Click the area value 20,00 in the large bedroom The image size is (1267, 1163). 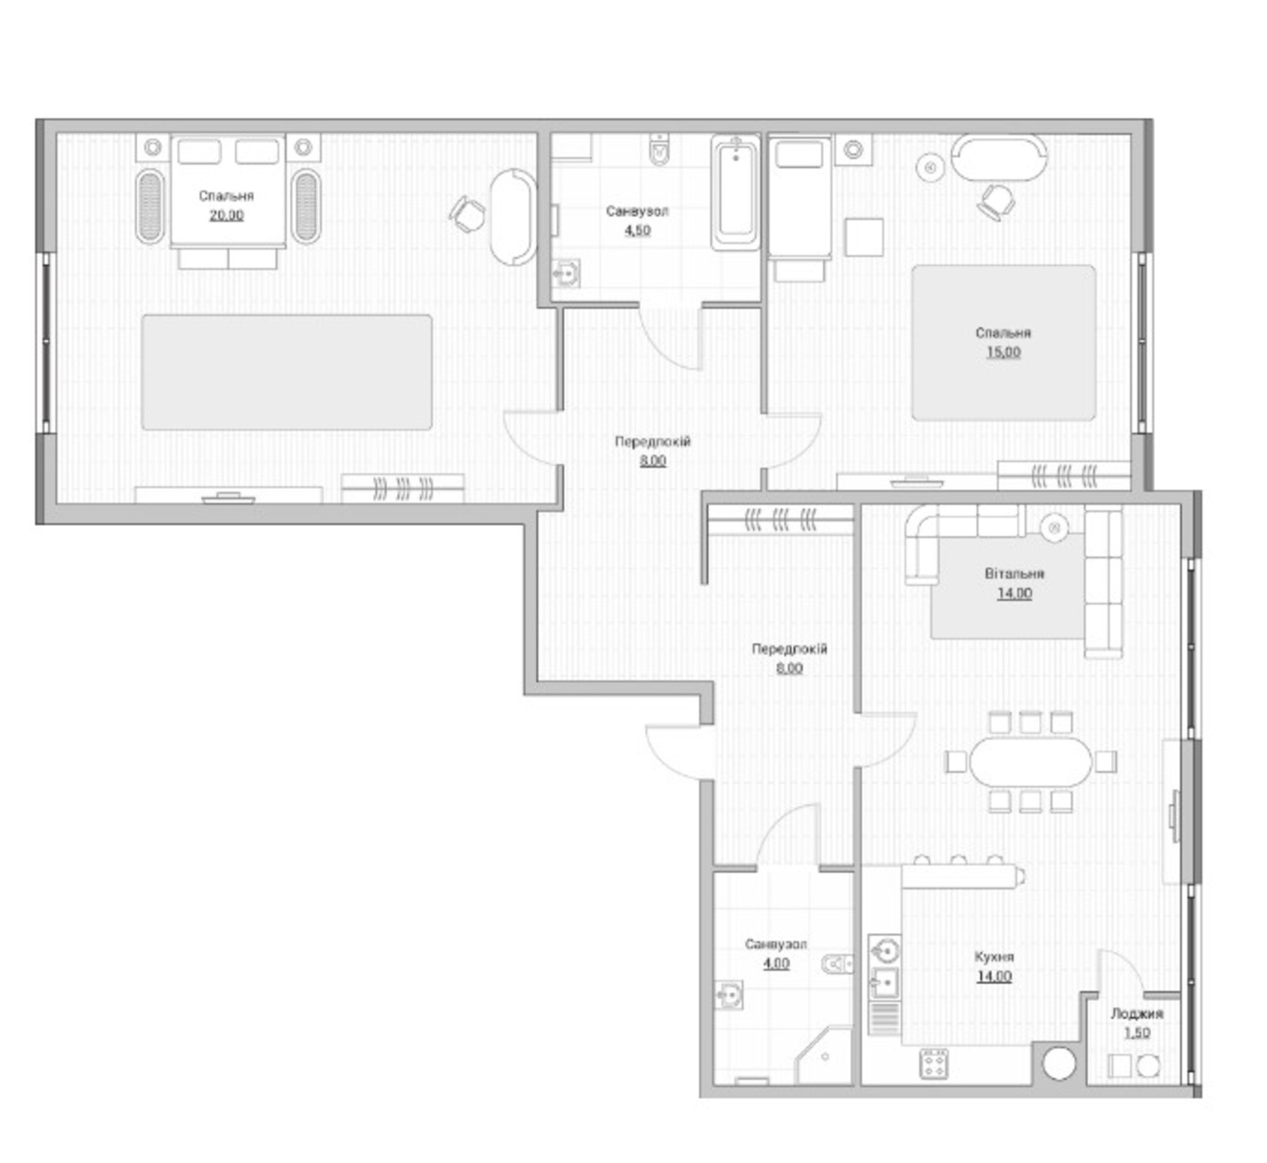pyautogui.click(x=226, y=215)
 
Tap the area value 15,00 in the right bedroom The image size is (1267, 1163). pyautogui.click(x=1003, y=352)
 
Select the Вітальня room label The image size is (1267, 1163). pyautogui.click(x=1014, y=573)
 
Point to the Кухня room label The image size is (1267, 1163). pyautogui.click(x=994, y=956)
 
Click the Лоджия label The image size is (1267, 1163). pyautogui.click(x=1136, y=1013)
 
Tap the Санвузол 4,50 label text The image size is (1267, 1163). pyautogui.click(x=637, y=221)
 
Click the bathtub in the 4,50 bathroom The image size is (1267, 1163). pyautogui.click(x=736, y=192)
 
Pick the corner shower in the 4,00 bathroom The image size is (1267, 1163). pyautogui.click(x=824, y=1056)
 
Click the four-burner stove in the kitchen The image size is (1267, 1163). pyautogui.click(x=934, y=1063)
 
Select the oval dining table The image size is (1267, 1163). pyautogui.click(x=1030, y=762)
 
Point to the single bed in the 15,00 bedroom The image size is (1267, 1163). pyautogui.click(x=800, y=198)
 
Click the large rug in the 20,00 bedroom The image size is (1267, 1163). pyautogui.click(x=287, y=372)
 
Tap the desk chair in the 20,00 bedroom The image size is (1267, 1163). pyautogui.click(x=468, y=214)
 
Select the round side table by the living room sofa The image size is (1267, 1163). pyautogui.click(x=1054, y=527)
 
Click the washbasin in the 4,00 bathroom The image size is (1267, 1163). pyautogui.click(x=729, y=994)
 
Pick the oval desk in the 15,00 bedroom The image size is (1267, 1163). pyautogui.click(x=999, y=158)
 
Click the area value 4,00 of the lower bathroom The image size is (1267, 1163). pyautogui.click(x=776, y=963)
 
